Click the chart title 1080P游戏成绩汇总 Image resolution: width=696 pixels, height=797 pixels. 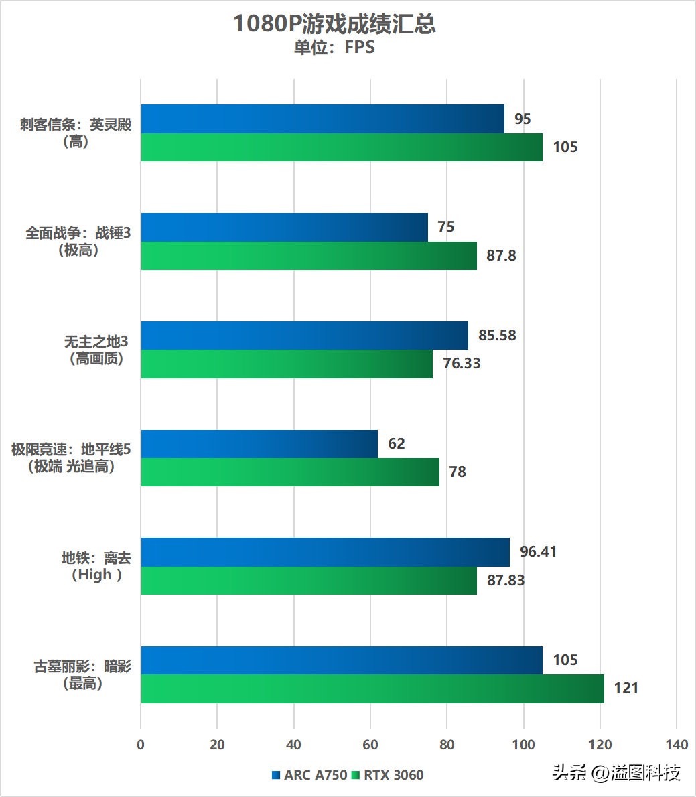pos(334,25)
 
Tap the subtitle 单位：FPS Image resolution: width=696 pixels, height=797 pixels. pos(334,48)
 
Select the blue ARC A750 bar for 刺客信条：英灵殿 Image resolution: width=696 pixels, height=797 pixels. pos(322,119)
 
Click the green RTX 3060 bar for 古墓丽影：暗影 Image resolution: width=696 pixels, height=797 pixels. pos(372,689)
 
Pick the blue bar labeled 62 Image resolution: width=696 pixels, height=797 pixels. pos(259,444)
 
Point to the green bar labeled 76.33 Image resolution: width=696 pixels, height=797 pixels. pos(287,364)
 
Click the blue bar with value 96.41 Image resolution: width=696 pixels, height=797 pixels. pos(325,552)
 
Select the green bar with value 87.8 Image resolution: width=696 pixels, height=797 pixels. pos(309,256)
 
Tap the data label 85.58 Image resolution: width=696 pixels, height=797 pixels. pos(497,335)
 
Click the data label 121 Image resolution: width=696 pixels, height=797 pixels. pos(626,689)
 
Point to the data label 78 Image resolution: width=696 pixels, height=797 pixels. pos(458,472)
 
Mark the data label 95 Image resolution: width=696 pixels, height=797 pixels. pos(523,119)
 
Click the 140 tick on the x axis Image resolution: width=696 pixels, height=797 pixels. pos(677,745)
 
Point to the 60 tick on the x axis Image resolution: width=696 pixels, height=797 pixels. pos(370,745)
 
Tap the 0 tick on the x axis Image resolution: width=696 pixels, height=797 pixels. pos(141,745)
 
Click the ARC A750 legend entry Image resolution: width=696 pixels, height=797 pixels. pos(309,775)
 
